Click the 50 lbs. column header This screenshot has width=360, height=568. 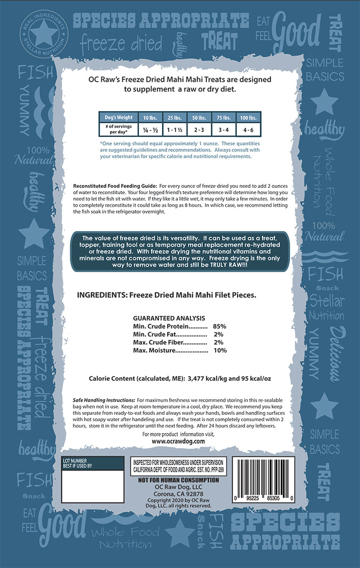(x=199, y=117)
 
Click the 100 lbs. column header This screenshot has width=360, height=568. (x=248, y=117)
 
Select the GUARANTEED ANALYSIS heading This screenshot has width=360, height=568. (x=169, y=318)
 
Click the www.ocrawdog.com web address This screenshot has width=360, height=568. (x=178, y=441)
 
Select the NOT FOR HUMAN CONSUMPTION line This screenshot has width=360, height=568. (x=179, y=480)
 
